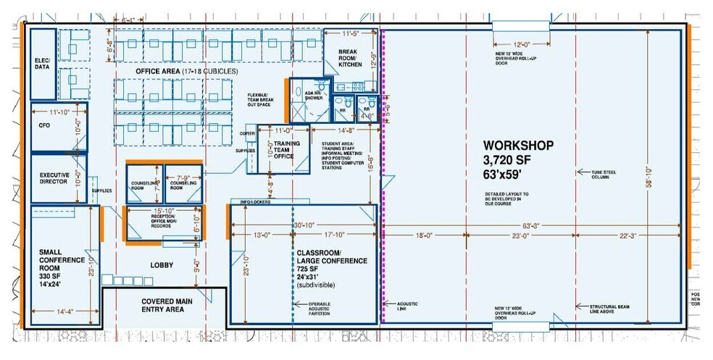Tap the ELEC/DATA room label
click(43, 64)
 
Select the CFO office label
click(44, 125)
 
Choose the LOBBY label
click(161, 265)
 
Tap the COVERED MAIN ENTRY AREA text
click(162, 304)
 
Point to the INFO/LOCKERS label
click(251, 201)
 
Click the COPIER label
click(247, 135)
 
